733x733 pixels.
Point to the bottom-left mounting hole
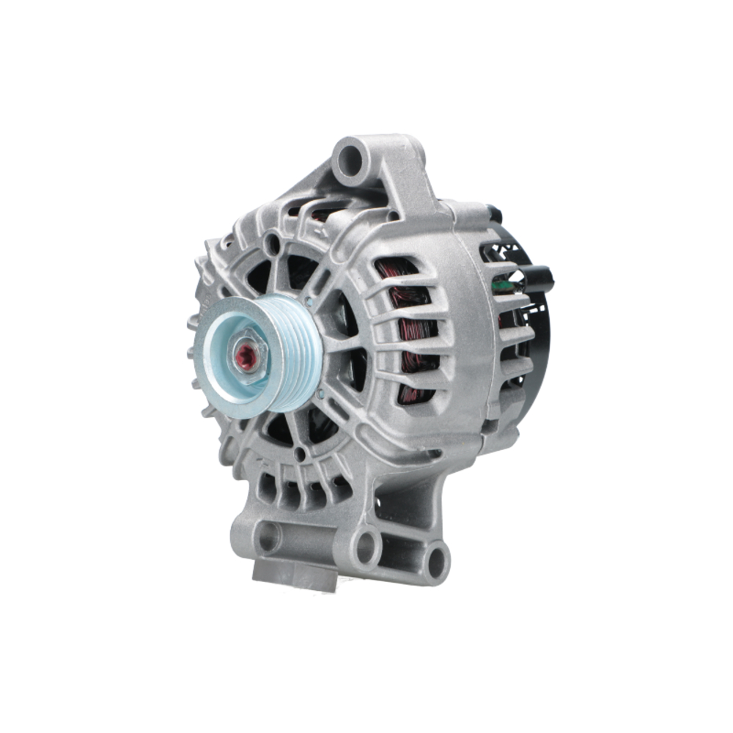click(x=267, y=537)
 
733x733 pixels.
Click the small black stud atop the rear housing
click(x=496, y=213)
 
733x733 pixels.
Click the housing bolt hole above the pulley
click(x=274, y=243)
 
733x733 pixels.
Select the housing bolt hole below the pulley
click(x=300, y=454)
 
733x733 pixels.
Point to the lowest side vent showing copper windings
click(x=413, y=392)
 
